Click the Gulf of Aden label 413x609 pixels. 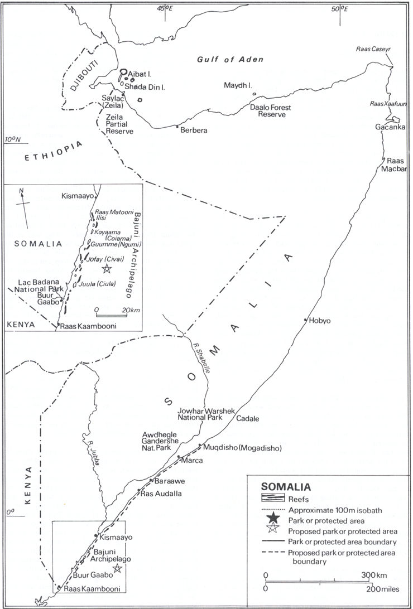point(230,60)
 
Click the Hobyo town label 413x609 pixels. point(320,321)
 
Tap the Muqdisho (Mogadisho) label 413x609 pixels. point(241,448)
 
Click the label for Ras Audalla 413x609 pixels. point(161,494)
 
